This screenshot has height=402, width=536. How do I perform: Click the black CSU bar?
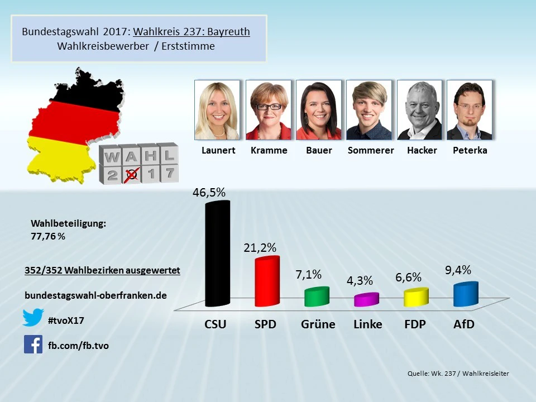pos(217,254)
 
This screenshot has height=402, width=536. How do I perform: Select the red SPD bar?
pos(267,282)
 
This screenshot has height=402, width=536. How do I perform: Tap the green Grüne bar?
pos(317,297)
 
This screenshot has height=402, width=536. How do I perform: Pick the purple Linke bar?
pos(367,300)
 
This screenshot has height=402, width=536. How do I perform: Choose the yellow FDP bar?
pos(416,298)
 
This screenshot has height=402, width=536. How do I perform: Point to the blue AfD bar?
pos(466,294)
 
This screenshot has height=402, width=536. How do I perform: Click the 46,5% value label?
pos(209,193)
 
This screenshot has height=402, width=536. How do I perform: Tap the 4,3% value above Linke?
pos(360,281)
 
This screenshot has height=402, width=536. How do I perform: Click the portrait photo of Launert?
pos(217,110)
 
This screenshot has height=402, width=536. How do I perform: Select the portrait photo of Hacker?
pos(419,110)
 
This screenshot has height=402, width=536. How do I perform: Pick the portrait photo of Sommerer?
pos(368,110)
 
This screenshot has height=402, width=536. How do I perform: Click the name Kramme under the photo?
pos(269,150)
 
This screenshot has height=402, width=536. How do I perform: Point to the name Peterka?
pos(471,150)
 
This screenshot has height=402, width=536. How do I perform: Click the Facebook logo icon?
pos(33,344)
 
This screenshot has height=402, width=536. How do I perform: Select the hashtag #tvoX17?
pos(66,320)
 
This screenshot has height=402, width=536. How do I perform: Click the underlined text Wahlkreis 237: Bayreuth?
pos(192,32)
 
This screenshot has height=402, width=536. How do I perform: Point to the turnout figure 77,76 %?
pos(48,236)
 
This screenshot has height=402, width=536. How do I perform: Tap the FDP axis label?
pos(415,324)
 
